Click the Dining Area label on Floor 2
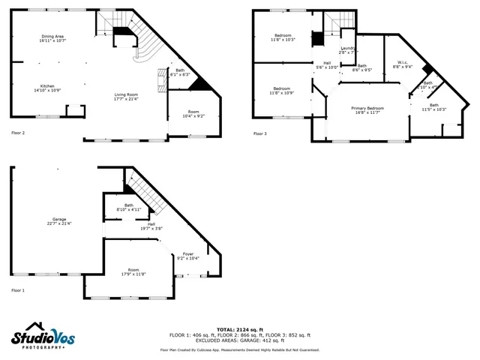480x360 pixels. (52, 38)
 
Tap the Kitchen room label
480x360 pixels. (46, 88)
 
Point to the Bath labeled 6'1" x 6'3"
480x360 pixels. (177, 73)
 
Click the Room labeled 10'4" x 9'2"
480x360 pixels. (193, 113)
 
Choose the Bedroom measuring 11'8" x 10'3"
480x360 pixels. (283, 37)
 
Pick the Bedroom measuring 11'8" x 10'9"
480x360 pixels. (282, 90)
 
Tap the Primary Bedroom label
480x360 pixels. (367, 109)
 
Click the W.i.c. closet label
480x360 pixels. (403, 64)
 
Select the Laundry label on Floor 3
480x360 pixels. (346, 50)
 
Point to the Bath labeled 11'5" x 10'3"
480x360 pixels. (434, 107)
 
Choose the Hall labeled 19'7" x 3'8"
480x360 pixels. (151, 226)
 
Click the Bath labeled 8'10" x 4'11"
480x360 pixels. (129, 208)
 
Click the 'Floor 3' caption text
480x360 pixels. (259, 133)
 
